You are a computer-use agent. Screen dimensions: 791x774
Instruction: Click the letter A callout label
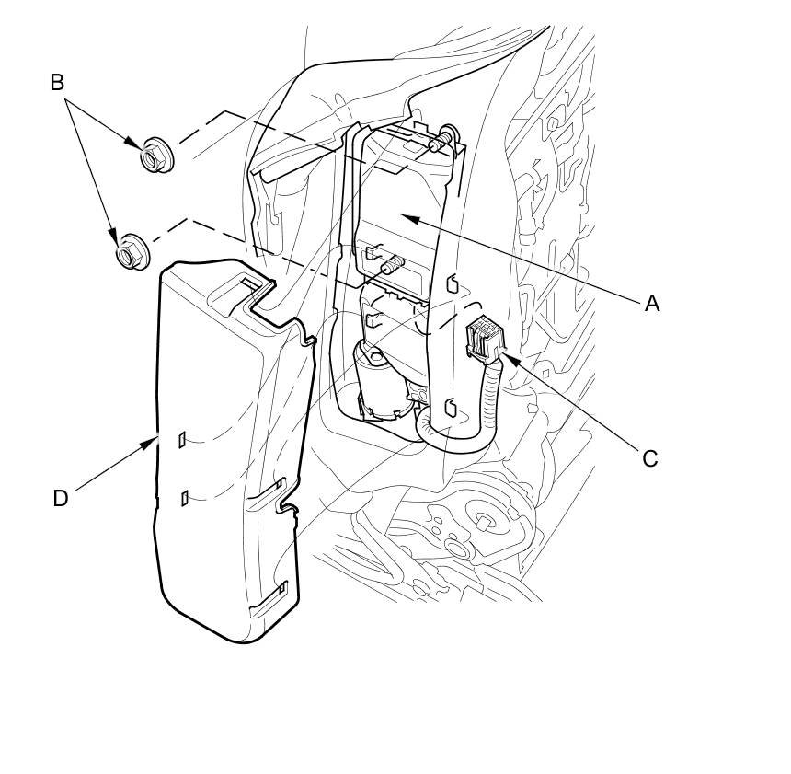(652, 303)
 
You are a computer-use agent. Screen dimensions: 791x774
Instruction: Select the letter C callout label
(650, 458)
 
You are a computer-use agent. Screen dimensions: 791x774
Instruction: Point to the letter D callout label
(61, 498)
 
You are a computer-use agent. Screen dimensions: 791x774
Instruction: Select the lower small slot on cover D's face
(185, 498)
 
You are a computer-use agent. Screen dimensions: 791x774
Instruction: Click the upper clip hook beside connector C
(452, 283)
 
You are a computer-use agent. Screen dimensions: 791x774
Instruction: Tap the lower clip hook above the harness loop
(450, 407)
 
